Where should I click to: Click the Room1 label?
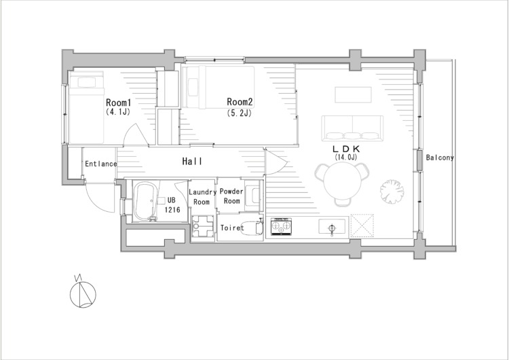[x=119, y=103]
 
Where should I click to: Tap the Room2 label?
[x=240, y=102]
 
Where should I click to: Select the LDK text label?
[x=346, y=149]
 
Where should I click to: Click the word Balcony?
[x=440, y=158]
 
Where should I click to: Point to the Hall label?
[x=192, y=161]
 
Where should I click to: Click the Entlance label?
[x=100, y=164]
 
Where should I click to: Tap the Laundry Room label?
[x=202, y=197]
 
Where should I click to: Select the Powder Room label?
[x=231, y=196]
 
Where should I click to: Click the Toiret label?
[x=232, y=228]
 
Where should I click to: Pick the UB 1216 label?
[x=172, y=205]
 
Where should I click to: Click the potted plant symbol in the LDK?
[x=392, y=192]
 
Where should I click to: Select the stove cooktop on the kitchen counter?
[x=281, y=226]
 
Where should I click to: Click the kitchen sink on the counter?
[x=331, y=226]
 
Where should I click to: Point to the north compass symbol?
[x=83, y=294]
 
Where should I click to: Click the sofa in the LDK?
[x=352, y=128]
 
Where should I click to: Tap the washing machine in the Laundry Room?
[x=202, y=226]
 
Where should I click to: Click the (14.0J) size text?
[x=346, y=158]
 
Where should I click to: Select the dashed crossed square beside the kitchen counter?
[x=362, y=226]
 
